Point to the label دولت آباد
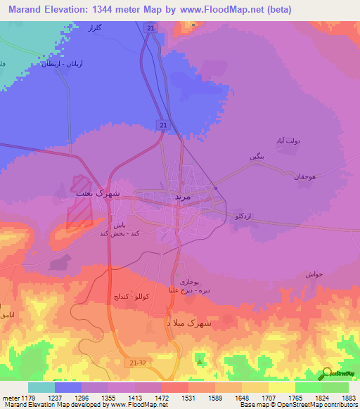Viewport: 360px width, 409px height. [286, 141]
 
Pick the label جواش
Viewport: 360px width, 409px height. [314, 273]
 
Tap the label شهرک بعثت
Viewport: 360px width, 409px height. [98, 192]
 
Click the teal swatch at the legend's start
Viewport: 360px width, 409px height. [41, 387]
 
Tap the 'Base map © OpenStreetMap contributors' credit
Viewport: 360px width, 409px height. [297, 405]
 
